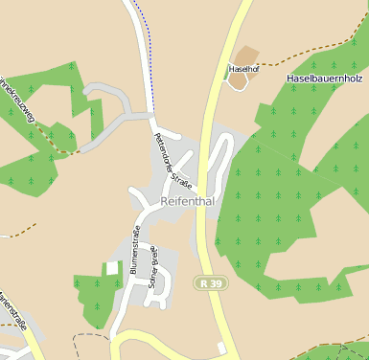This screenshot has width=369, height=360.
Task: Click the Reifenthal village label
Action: (x=187, y=201)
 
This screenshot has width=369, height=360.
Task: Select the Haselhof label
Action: (x=244, y=70)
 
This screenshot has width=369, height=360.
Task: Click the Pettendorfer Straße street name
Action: (x=173, y=160)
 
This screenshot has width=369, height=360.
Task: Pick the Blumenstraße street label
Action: (x=135, y=249)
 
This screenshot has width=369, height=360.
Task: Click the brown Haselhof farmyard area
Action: (x=247, y=56)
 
